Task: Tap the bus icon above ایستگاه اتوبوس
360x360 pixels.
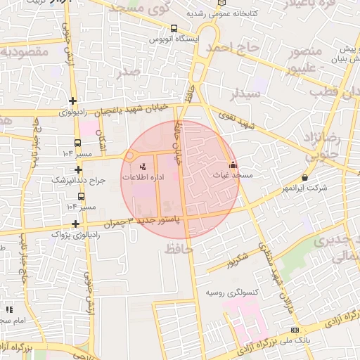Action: (x=174, y=29)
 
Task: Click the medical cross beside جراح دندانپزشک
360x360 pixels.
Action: (x=78, y=169)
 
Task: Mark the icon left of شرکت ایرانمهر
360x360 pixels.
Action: (x=304, y=178)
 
